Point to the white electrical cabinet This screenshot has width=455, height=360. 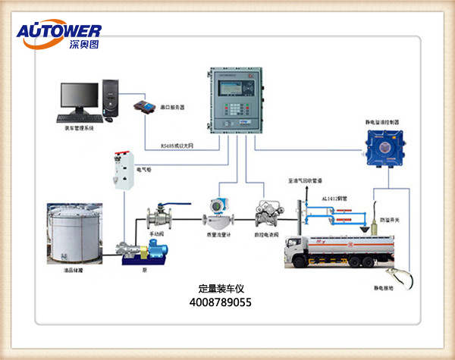124,171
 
